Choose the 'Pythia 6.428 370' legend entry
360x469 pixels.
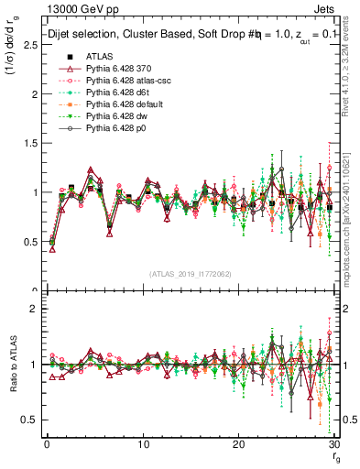coord(115,81)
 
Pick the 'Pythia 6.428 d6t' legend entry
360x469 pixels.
coord(114,105)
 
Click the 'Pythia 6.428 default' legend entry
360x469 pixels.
coord(119,117)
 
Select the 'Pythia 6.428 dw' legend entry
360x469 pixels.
coord(114,130)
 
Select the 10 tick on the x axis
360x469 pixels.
coord(142,444)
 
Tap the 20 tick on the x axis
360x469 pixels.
coord(238,444)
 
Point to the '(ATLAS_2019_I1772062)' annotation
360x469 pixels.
coord(191,275)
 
